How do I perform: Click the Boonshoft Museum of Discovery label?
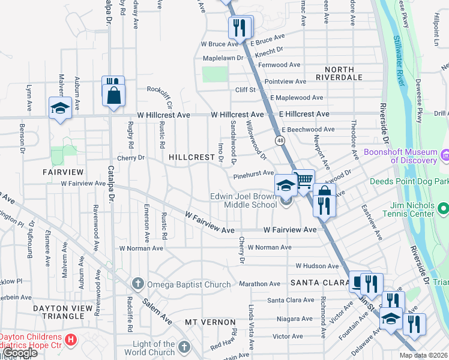pos(400,156)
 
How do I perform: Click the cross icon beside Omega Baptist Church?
pos(137,283)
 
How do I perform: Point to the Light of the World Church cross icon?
pos(184,347)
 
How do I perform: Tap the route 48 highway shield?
pos(280,140)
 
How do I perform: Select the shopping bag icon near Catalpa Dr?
pos(113,95)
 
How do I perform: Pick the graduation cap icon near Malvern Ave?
pos(60,108)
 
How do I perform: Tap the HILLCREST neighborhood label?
pos(191,157)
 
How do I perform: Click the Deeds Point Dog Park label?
pos(409,181)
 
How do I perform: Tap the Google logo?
pos(20,353)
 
